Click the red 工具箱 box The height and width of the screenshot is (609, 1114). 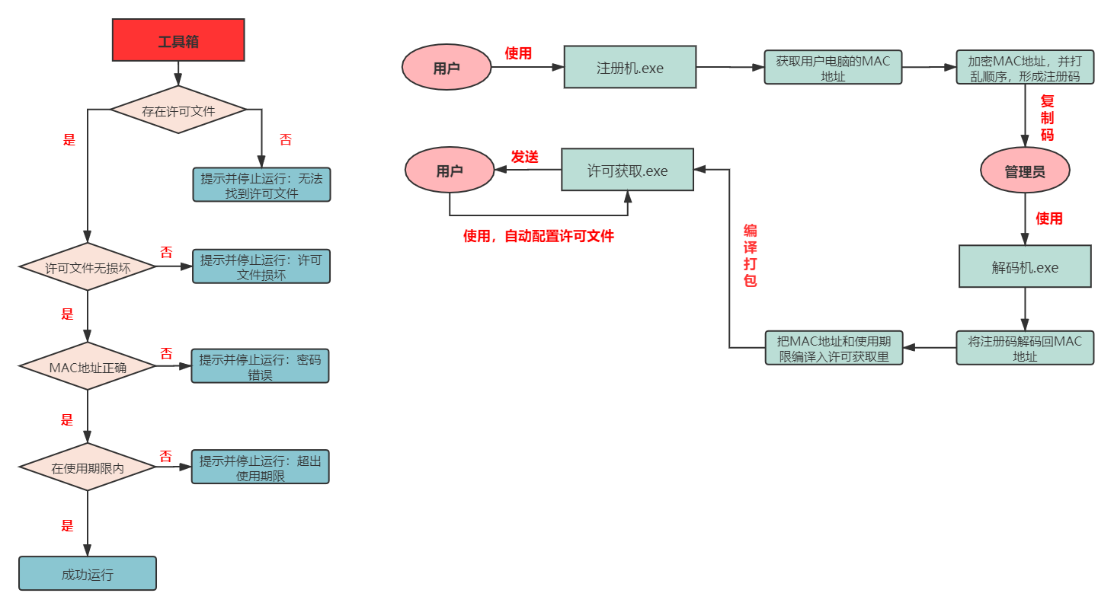pyautogui.click(x=178, y=40)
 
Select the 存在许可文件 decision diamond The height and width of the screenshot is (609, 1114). pyautogui.click(x=178, y=110)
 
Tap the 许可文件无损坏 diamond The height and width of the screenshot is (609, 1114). pyautogui.click(x=88, y=267)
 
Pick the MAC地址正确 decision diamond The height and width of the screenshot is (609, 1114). pyautogui.click(x=88, y=366)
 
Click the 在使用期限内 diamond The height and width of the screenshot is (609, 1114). pyautogui.click(x=88, y=467)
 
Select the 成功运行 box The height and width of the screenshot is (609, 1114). pyautogui.click(x=88, y=574)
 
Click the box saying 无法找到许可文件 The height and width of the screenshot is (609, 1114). pyautogui.click(x=261, y=185)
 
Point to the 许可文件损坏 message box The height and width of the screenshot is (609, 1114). pyautogui.click(x=261, y=266)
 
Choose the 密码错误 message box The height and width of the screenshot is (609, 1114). pyautogui.click(x=261, y=366)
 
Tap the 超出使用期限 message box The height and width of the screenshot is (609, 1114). pyautogui.click(x=261, y=467)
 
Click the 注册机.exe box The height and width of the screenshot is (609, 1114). pyautogui.click(x=630, y=67)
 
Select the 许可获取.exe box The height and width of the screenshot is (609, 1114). pyautogui.click(x=628, y=170)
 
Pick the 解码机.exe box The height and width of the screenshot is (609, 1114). pyautogui.click(x=1025, y=266)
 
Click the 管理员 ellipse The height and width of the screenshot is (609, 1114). pyautogui.click(x=1025, y=171)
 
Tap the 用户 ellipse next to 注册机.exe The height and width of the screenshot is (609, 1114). pyautogui.click(x=447, y=67)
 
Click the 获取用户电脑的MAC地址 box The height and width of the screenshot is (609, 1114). pyautogui.click(x=833, y=67)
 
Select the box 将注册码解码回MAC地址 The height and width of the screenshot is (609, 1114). pyautogui.click(x=1025, y=348)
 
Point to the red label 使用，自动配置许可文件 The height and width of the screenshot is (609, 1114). pyautogui.click(x=539, y=237)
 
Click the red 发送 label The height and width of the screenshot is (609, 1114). pyautogui.click(x=525, y=158)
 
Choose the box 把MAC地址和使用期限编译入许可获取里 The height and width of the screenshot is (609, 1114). pyautogui.click(x=834, y=348)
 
